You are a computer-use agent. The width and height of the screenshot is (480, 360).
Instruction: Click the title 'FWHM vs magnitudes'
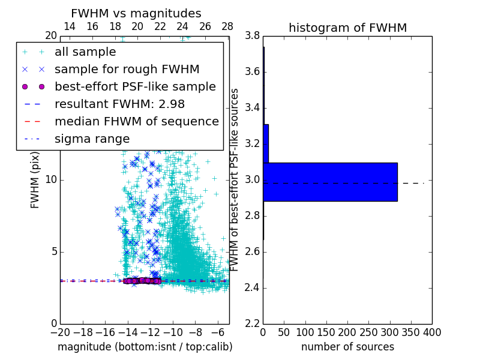tap(136, 13)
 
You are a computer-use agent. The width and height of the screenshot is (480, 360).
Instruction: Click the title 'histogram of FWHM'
tap(347, 28)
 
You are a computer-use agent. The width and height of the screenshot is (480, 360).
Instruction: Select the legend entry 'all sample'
tap(85, 52)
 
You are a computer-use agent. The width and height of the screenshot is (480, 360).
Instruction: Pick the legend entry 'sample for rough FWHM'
tap(127, 70)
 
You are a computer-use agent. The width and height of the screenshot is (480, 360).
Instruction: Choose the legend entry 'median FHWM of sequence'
tap(137, 121)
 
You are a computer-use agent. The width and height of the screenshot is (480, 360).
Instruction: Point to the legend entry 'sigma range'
tap(92, 139)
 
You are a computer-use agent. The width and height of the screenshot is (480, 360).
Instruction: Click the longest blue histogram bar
tap(330, 182)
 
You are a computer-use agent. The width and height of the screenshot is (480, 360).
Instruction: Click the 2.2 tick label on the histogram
tap(251, 324)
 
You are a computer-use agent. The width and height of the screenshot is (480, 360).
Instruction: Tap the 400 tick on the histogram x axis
tap(431, 332)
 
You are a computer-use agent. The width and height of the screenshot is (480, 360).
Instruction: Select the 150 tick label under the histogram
tap(326, 332)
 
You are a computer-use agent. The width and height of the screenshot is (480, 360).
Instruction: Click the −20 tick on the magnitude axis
tap(60, 332)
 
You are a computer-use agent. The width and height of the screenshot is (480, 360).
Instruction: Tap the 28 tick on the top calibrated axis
tap(227, 26)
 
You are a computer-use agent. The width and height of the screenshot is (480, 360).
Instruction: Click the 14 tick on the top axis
tap(70, 26)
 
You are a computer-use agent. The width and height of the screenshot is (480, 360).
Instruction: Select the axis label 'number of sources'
tap(347, 347)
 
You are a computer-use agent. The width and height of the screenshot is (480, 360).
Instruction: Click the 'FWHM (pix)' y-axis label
tap(35, 181)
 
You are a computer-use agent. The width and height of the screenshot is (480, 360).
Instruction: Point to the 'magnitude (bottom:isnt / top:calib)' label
tap(145, 347)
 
